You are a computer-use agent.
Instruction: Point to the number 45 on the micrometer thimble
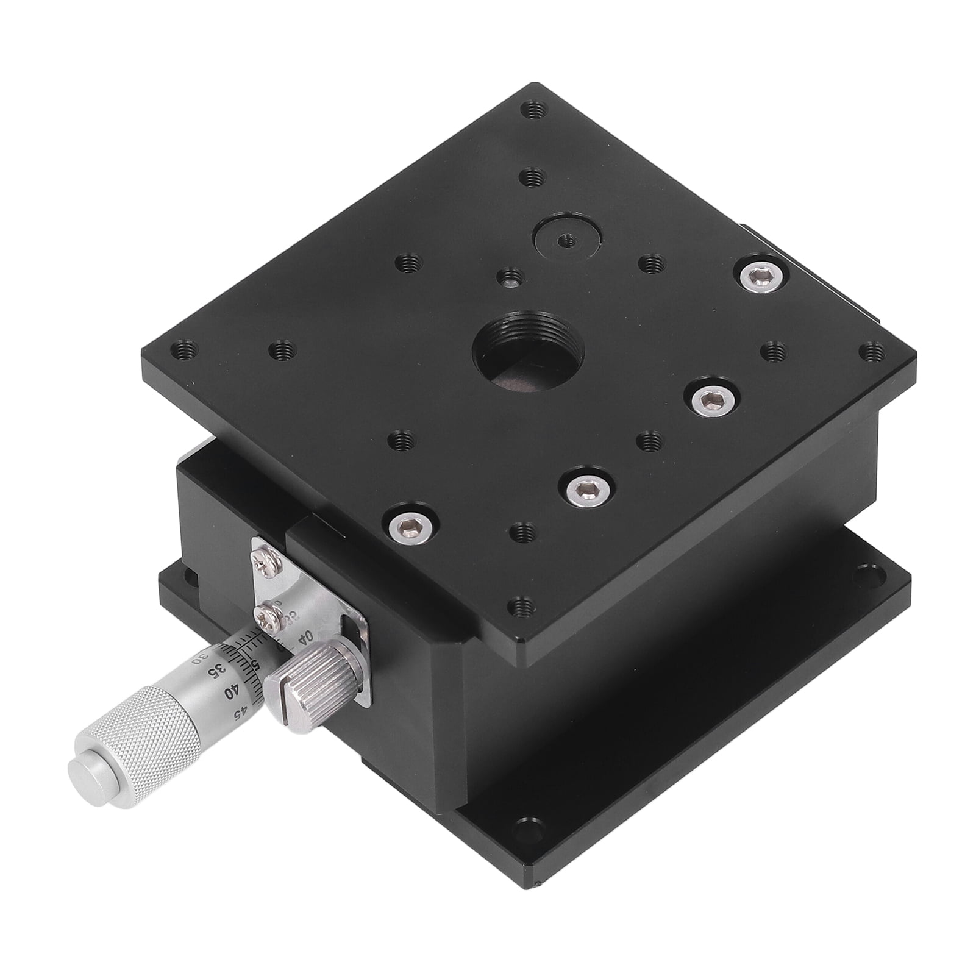coord(246,712)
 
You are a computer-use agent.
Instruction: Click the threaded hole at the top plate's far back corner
coord(534,110)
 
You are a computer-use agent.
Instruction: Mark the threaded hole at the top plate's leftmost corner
coord(184,349)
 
